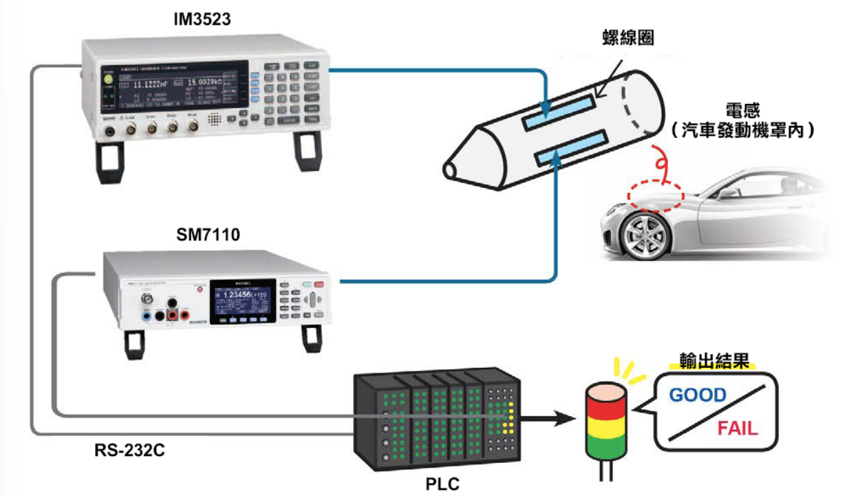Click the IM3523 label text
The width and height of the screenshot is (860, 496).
(x=201, y=19)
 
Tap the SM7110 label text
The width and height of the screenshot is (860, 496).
(x=208, y=236)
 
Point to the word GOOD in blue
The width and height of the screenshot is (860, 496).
(x=698, y=395)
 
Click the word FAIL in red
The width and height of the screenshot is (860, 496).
(x=737, y=428)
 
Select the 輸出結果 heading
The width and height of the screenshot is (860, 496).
(x=713, y=362)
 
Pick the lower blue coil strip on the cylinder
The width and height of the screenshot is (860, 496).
(x=572, y=147)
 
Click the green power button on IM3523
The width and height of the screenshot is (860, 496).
(x=108, y=79)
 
